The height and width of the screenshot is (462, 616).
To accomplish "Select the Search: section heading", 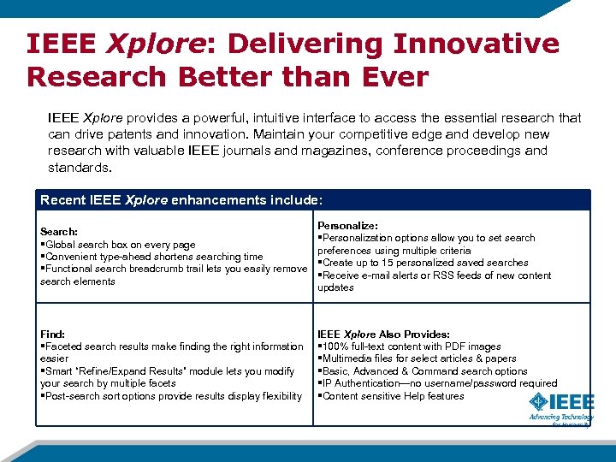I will pos(59,232).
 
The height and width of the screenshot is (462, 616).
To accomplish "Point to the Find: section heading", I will pos(53,334).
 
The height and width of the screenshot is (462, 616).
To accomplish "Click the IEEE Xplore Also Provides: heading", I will pos(383,334).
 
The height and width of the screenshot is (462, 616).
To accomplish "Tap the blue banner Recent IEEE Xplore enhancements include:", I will pos(181,199).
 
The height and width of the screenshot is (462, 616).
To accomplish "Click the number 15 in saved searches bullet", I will pos(387,263).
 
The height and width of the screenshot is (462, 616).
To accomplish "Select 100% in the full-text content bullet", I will pos(335,346).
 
